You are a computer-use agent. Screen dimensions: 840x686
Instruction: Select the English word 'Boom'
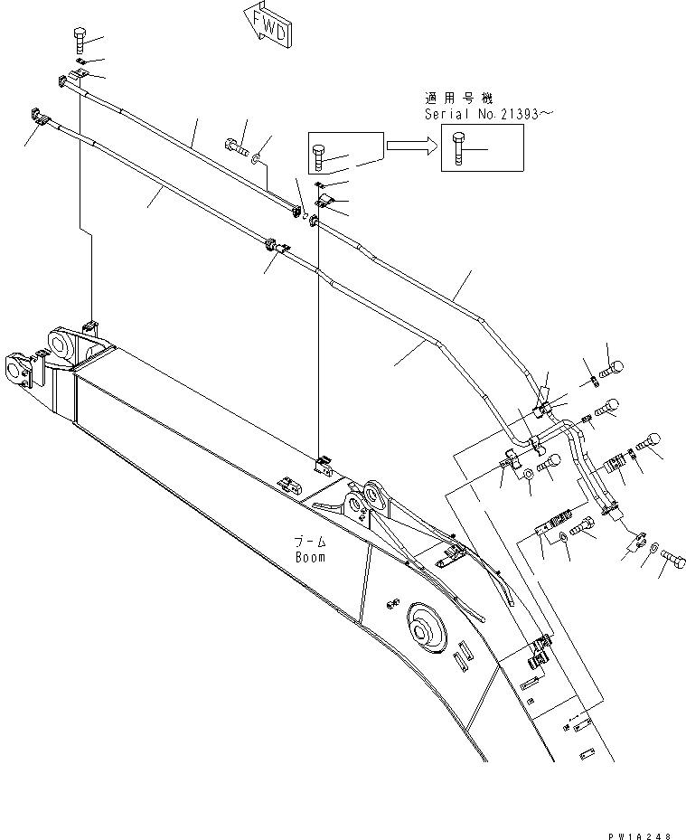[x=310, y=557]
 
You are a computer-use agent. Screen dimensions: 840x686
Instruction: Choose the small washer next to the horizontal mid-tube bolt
[x=258, y=159]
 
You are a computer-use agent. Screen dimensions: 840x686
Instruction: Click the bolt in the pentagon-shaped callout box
[x=322, y=156]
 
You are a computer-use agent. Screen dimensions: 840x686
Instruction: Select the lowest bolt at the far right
[x=671, y=564]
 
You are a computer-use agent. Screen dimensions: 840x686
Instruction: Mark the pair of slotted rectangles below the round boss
[x=460, y=656]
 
